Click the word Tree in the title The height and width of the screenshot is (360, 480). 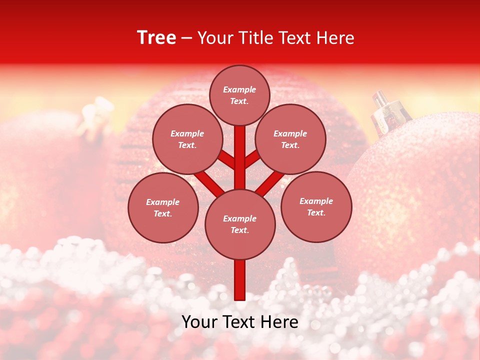tap(156, 38)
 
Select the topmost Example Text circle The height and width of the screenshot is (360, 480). tap(239, 95)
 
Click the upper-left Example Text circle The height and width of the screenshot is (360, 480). tap(187, 139)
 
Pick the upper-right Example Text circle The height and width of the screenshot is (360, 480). tap(290, 139)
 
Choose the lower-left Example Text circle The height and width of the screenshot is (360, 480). tap(162, 207)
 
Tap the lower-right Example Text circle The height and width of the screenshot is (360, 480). tap(316, 206)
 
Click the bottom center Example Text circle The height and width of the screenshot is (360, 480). tap(240, 224)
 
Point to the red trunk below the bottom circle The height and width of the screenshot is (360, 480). tap(240, 280)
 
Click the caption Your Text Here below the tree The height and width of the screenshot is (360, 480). tap(240, 322)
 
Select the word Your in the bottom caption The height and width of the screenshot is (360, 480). tap(199, 322)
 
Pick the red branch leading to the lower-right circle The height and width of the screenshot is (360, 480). tap(270, 183)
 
